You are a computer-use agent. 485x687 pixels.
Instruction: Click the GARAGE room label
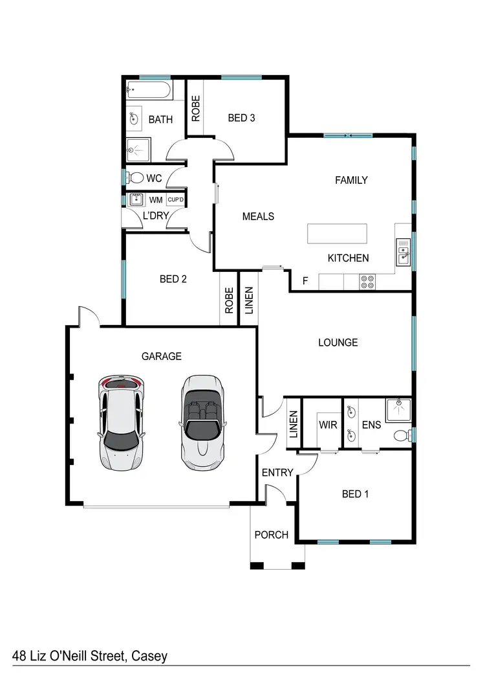tap(161, 356)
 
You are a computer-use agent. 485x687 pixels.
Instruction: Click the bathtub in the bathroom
tap(148, 89)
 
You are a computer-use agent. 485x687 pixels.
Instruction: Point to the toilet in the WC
tap(136, 177)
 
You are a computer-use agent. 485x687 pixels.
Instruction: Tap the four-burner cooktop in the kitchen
tap(367, 282)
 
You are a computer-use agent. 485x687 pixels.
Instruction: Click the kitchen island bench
tap(336, 234)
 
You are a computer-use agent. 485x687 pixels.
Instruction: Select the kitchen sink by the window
tap(403, 251)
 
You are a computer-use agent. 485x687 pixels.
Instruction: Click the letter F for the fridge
tap(305, 282)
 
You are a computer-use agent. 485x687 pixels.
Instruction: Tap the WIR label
tap(326, 425)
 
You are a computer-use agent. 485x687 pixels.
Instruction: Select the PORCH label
tap(271, 535)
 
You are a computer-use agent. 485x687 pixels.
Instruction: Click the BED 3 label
tap(241, 118)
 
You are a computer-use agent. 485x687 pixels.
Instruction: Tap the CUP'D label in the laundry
tap(176, 199)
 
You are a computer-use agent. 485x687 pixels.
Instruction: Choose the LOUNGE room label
tap(338, 342)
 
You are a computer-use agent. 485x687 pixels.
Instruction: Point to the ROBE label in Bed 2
tap(229, 301)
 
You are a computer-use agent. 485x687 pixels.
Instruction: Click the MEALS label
tap(258, 216)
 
